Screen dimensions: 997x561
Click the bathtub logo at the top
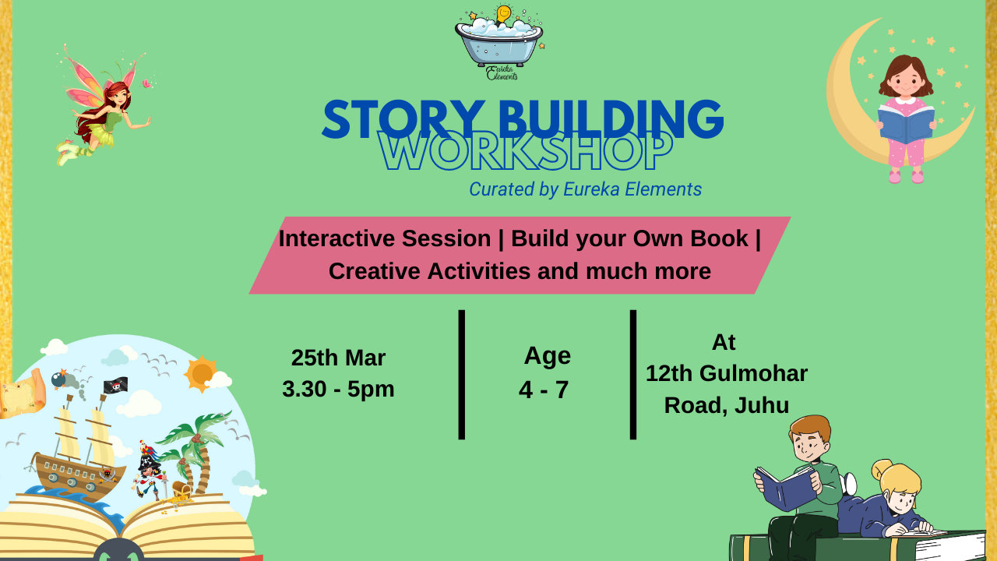(499, 42)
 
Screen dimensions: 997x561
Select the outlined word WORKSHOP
(525, 151)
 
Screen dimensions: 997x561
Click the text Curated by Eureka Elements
(585, 189)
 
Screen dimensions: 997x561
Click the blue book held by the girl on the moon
(906, 124)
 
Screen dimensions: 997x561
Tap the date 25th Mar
(338, 358)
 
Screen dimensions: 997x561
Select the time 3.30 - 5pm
(338, 389)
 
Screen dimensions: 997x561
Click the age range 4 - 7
(544, 390)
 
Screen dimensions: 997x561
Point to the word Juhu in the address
(762, 405)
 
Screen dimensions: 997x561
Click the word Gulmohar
(753, 373)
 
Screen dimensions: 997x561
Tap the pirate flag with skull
(116, 386)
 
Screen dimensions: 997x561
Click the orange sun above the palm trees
(202, 373)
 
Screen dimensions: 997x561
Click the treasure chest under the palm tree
(181, 490)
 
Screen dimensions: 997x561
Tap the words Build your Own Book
(629, 238)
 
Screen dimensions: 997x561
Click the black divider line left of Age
(462, 375)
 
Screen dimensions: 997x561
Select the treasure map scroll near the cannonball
(23, 393)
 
